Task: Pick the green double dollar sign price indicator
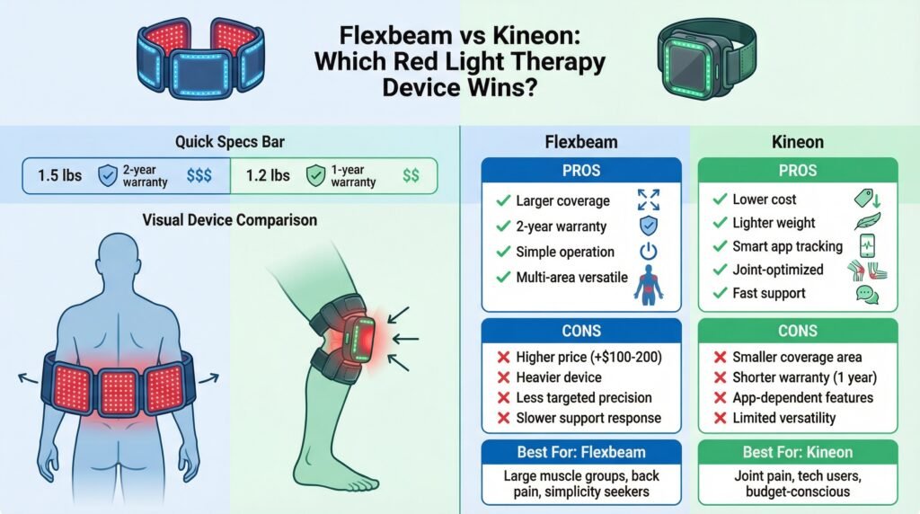tap(411, 176)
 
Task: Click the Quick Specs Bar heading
tap(231, 142)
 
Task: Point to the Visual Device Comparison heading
tap(230, 219)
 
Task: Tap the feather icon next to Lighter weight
tap(867, 222)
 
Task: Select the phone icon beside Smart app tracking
tap(867, 246)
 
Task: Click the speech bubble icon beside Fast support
tap(867, 294)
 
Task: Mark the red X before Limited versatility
tap(720, 418)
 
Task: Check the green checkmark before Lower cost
tap(719, 199)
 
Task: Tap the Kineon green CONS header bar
tap(798, 330)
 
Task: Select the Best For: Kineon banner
tap(798, 452)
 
